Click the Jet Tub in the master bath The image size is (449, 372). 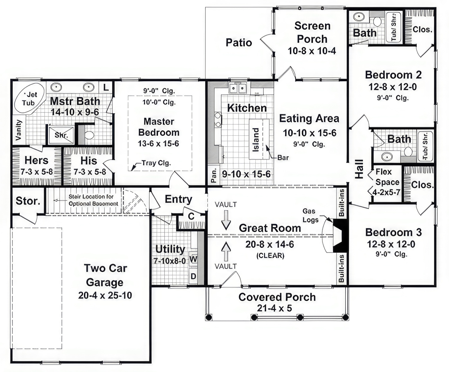click(29, 98)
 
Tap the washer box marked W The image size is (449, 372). click(193, 259)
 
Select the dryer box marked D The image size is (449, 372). click(193, 276)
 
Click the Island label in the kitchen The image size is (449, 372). click(256, 140)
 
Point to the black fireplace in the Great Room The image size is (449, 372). click(340, 236)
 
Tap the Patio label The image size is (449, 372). click(239, 42)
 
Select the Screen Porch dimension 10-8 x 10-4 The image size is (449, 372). click(312, 51)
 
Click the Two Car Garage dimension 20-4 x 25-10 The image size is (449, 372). click(105, 295)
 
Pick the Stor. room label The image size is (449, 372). click(28, 201)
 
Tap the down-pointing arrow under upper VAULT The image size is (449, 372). click(226, 220)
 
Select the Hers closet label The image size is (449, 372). click(36, 160)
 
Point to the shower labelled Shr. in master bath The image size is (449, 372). click(61, 135)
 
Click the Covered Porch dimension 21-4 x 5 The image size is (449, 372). click(274, 308)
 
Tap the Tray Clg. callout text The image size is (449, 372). click(156, 163)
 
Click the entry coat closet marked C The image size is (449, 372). click(191, 216)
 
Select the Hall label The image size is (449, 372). click(359, 169)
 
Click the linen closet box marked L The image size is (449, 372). click(106, 87)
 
